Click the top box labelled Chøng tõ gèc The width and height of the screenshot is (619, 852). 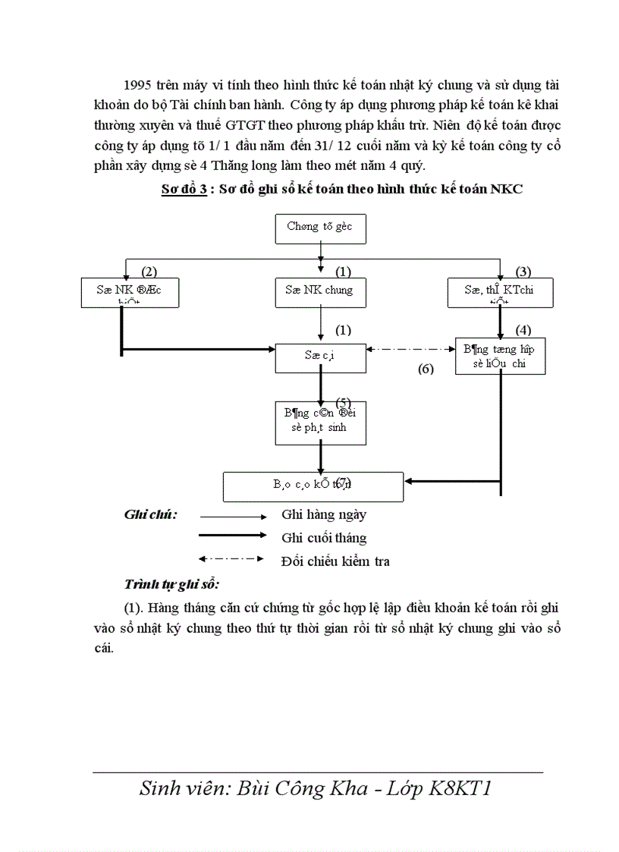[319, 228]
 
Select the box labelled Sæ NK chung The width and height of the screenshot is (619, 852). [319, 291]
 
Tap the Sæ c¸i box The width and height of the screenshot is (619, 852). [319, 357]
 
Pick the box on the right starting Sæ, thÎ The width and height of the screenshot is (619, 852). [500, 292]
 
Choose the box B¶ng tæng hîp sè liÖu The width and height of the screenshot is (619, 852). [500, 356]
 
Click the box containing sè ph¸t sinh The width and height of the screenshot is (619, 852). [319, 423]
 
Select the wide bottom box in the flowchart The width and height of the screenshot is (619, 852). [313, 486]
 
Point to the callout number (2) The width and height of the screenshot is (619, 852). [149, 271]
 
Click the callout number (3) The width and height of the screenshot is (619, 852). [523, 271]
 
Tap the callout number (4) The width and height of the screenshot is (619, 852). [523, 329]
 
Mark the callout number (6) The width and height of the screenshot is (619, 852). [426, 369]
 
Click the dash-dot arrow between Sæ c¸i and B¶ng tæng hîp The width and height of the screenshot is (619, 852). [410, 349]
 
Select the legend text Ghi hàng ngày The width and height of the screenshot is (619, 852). [324, 514]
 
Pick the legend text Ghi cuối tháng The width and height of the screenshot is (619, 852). [324, 538]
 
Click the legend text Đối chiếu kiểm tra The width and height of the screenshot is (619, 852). [335, 561]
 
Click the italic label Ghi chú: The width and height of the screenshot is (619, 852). [150, 514]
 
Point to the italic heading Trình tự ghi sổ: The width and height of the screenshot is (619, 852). [171, 585]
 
